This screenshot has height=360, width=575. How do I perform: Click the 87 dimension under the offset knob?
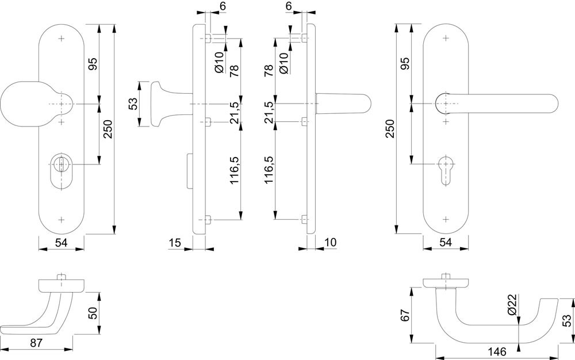[x=36, y=343]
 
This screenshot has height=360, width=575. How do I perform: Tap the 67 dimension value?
[x=405, y=316]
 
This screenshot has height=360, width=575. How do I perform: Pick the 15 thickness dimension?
[x=175, y=243]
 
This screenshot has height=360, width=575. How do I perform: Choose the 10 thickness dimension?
[x=330, y=243]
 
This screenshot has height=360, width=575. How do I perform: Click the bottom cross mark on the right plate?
[x=446, y=219]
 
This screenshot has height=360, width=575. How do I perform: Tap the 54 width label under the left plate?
[x=62, y=244]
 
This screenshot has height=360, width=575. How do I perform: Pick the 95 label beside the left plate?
[x=92, y=64]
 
